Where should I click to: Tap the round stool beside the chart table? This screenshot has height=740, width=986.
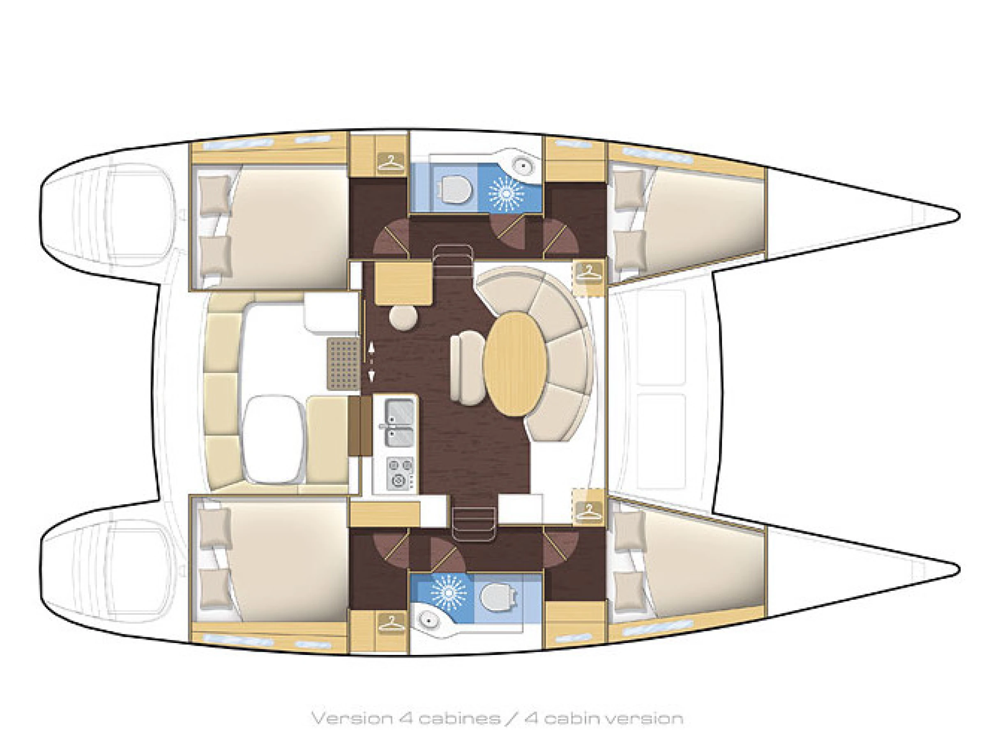coord(404,317)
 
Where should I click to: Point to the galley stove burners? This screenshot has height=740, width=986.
coord(400,472)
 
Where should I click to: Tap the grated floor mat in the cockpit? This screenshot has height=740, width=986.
coord(343,362)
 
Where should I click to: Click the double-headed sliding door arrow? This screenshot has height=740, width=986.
coord(371,362)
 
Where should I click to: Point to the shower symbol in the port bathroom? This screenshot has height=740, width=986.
coord(507,193)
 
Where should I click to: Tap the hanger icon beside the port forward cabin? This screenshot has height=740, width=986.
coord(588,272)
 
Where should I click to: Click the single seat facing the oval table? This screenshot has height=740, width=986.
coord(467,369)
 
